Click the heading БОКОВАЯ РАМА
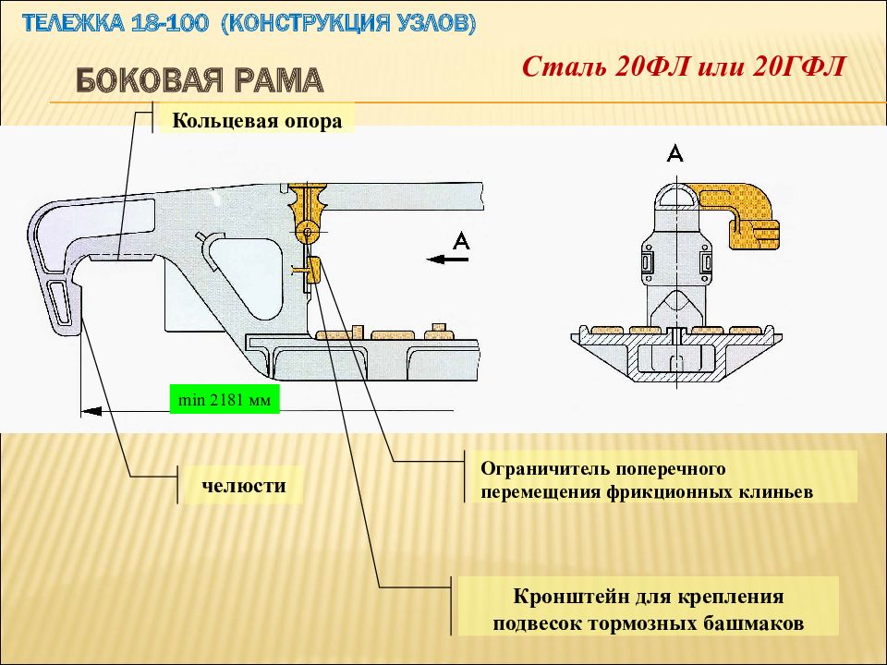pos(200,80)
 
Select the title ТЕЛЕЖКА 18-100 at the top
pos(115,23)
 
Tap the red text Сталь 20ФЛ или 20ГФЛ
pos(684,66)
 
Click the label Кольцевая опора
pos(257,121)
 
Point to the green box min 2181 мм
pos(225,399)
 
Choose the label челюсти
pos(244,485)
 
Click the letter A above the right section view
pos(675,153)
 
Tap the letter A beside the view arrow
pos(462,241)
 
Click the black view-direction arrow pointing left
pos(447,260)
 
